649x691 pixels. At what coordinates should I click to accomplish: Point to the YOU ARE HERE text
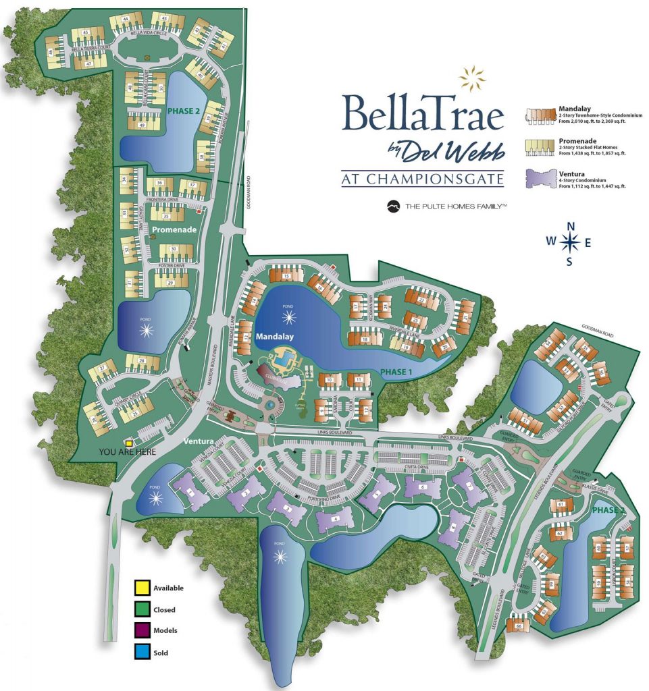(127, 452)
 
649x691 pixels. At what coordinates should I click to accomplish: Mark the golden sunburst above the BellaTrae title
(472, 78)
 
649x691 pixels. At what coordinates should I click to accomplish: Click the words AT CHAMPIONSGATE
(423, 179)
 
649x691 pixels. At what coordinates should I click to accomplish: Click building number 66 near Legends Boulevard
(519, 626)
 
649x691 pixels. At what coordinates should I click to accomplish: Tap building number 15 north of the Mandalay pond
(286, 276)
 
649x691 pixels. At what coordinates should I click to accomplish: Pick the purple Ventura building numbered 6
(423, 487)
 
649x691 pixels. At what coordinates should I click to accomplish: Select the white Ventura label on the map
(199, 441)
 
